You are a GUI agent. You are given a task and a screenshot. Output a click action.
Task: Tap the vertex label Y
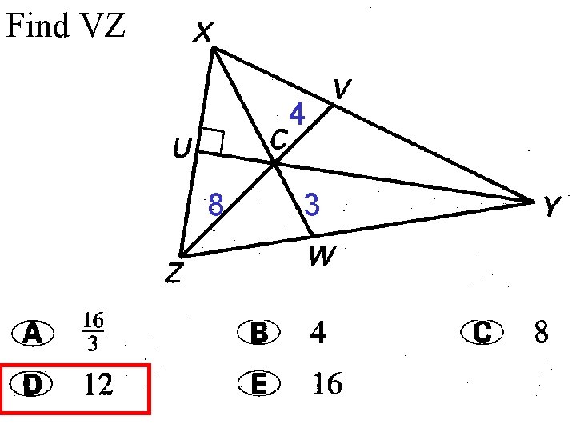point(550,208)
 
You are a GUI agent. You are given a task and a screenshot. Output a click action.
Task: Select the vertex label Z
point(173,274)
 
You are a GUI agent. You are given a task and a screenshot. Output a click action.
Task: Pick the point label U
point(182,149)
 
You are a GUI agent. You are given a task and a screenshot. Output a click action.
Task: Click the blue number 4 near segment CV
point(297,116)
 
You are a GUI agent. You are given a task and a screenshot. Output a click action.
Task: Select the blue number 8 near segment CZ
point(214,206)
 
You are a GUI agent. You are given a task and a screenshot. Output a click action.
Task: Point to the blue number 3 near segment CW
point(313,206)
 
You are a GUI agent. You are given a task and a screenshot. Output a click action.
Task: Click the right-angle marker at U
point(210,142)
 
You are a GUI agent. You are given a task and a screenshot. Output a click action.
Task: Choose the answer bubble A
point(33,334)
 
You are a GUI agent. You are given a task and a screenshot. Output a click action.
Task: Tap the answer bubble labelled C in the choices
point(482,332)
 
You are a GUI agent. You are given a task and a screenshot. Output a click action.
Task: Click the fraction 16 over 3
point(92,332)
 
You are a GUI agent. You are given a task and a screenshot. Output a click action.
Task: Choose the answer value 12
point(98,386)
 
